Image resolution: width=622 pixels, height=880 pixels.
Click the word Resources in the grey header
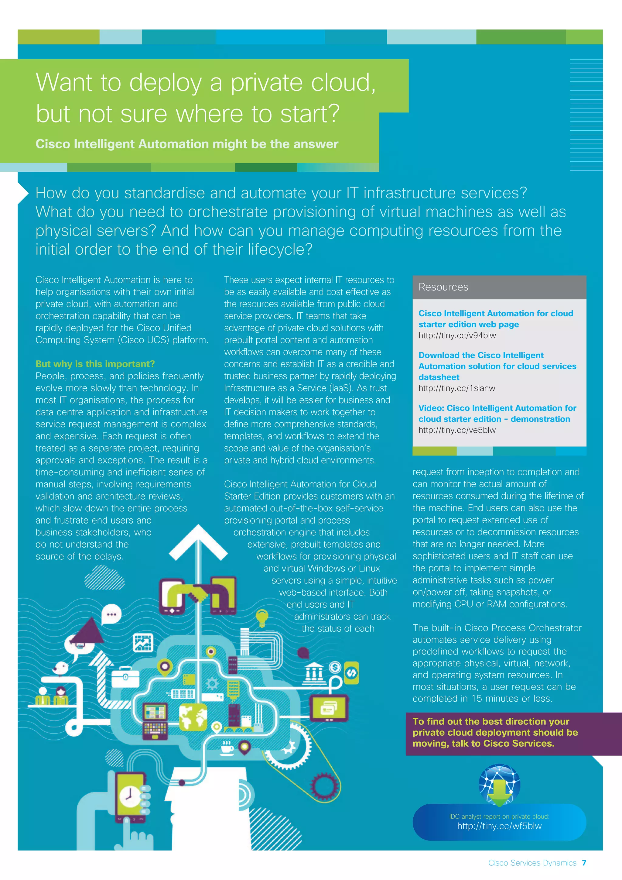(443, 287)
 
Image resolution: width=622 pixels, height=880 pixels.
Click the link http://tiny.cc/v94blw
(457, 335)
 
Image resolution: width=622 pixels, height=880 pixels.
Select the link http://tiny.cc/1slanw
(456, 388)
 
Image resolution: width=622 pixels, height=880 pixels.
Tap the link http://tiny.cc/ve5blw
(457, 430)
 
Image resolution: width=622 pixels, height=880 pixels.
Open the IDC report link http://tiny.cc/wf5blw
(499, 826)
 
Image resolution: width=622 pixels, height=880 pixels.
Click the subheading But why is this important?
(95, 364)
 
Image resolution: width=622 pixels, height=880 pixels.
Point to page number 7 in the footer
(584, 863)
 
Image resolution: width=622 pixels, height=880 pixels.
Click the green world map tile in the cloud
(193, 717)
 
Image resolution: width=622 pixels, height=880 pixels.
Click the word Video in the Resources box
(431, 408)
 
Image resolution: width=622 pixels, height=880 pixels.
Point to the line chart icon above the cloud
(143, 643)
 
